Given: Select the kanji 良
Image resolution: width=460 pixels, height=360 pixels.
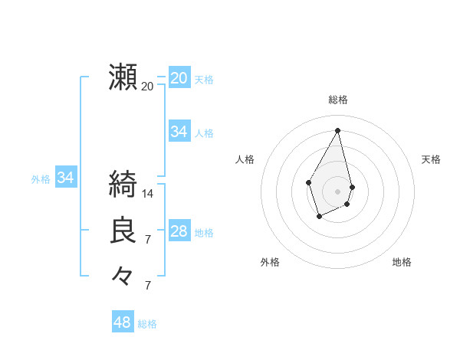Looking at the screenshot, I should coord(123,231).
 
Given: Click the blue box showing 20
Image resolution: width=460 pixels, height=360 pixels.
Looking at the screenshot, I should coord(179,78).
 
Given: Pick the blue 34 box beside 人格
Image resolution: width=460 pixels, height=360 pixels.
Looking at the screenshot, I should coord(179,132).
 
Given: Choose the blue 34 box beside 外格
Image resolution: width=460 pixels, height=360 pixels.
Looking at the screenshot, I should coord(65,178).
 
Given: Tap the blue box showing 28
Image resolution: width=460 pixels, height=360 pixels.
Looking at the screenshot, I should coord(179,231).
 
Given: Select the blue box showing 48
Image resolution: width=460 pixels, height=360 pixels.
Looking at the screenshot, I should coord(122,322).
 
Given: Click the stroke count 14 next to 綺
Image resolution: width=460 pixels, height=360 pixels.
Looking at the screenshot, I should coord(148,194).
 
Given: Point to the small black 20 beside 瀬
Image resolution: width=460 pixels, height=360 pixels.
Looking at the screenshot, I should coord(148,87).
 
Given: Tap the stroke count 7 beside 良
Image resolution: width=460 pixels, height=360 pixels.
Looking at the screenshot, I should coord(148,240).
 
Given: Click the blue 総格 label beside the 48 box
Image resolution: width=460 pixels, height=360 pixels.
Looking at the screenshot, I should coord(147,324).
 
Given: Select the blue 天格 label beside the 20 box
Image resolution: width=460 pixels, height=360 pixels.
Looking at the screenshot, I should coord(204,80).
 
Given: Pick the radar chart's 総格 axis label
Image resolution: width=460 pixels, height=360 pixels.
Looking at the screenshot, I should coord(338,100).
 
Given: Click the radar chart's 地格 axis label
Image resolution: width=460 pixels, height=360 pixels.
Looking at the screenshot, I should coord(402,262).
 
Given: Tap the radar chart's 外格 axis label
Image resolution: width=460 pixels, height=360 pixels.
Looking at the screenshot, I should coord(270,262).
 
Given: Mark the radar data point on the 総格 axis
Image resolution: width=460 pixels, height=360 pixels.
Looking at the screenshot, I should coord(338,130).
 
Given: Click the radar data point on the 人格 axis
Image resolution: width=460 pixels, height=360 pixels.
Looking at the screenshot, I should coord(309,182).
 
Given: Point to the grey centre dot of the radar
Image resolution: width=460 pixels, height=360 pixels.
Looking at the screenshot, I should coord(338,191).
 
